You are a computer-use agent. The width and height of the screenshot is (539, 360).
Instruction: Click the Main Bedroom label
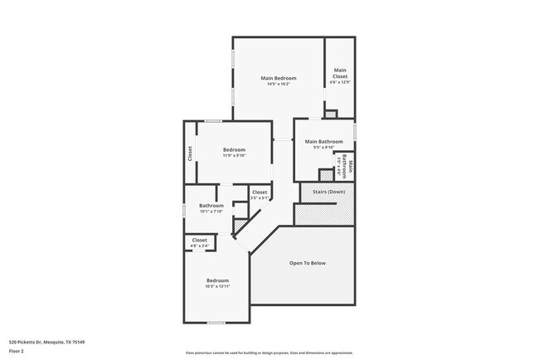278,78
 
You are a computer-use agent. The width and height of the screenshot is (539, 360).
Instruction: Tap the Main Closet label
340,73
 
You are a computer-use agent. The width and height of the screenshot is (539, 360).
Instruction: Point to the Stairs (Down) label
328,192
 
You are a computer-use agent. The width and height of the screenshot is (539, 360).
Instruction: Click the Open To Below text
307,263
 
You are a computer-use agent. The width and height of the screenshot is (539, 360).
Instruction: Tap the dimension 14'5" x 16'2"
278,84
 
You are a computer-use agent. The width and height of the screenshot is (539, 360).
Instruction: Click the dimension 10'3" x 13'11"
217,286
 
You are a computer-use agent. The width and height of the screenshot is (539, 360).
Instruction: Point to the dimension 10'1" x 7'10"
211,212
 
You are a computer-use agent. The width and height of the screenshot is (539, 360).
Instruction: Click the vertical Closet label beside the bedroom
190,153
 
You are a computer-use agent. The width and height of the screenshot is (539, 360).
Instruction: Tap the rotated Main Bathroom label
351,168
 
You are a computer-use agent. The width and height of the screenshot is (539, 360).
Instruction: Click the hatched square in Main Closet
331,114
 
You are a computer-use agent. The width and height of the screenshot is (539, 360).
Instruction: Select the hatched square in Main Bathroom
326,174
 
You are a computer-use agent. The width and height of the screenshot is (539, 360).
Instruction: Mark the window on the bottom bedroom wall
216,323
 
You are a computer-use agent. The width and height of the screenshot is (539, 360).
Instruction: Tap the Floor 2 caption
17,351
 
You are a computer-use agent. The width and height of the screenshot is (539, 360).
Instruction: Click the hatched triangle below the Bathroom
239,226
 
